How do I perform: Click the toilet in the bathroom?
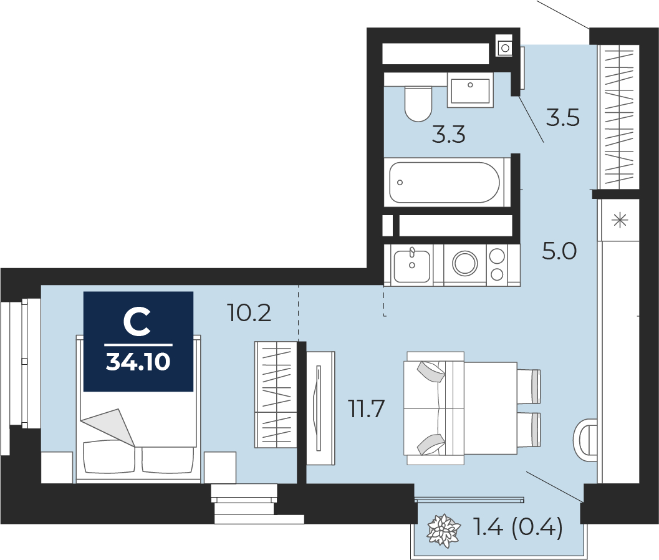coord(418,104)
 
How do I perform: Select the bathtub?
coord(445,183)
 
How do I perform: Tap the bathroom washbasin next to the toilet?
coord(470,90)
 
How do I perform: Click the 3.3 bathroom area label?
coord(448,135)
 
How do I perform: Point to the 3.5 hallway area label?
coord(563,118)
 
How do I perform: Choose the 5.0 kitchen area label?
coord(559,251)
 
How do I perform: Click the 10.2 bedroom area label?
coord(249,313)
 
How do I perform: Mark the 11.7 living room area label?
coord(367,408)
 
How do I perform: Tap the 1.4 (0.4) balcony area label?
coord(517,527)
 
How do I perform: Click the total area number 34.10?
coord(138,362)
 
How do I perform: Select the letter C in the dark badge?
coord(137,322)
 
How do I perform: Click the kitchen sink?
coord(412,266)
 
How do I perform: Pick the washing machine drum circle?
coord(465,264)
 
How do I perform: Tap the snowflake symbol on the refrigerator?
coord(620,220)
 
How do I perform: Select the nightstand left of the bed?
coord(57,468)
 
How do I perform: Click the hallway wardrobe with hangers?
coord(619,117)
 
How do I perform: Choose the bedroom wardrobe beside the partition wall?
coord(276,394)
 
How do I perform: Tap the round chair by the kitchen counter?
coord(585,440)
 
